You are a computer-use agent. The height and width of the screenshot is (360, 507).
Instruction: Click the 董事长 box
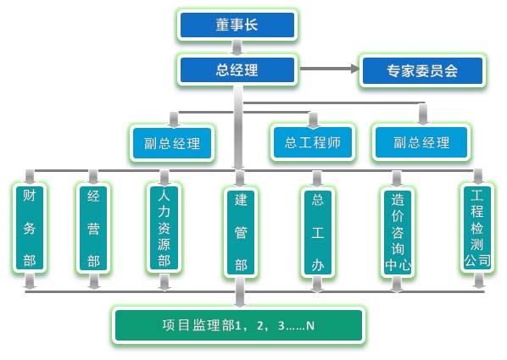[x=237, y=25]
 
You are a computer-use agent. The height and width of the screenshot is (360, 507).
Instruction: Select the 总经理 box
[x=237, y=69]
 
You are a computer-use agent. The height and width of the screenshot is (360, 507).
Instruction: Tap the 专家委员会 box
[x=422, y=70]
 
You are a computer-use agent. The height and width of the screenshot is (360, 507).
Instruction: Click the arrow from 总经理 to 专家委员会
[x=330, y=69]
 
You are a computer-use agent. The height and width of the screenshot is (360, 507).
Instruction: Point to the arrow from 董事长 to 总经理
[x=237, y=47]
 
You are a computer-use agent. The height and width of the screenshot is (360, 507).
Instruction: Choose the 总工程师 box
[x=313, y=142]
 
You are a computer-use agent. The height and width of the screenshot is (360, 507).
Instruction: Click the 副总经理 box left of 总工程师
[x=172, y=143]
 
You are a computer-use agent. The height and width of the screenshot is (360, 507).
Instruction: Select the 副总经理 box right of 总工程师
[x=421, y=142]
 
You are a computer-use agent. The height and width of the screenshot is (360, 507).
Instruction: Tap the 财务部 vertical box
[x=30, y=228]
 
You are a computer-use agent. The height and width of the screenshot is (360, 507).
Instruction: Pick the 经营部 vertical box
[x=93, y=228]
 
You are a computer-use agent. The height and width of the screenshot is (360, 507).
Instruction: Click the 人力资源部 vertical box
[x=164, y=228]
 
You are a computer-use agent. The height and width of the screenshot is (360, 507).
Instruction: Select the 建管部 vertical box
[x=241, y=233]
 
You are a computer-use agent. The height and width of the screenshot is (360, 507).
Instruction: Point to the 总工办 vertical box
[x=318, y=232]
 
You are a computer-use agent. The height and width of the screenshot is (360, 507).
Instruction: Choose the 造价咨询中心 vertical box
[x=398, y=233]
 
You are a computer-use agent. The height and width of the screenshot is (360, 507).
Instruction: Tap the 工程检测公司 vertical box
[x=477, y=228]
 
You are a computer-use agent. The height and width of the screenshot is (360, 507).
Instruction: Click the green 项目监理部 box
[x=238, y=325]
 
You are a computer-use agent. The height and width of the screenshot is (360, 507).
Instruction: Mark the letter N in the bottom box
[x=310, y=326]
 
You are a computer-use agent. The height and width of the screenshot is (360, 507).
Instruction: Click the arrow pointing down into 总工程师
[x=313, y=119]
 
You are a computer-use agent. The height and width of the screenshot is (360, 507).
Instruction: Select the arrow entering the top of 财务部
[x=30, y=177]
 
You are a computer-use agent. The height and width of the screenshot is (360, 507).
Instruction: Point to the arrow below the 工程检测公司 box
[x=479, y=280]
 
